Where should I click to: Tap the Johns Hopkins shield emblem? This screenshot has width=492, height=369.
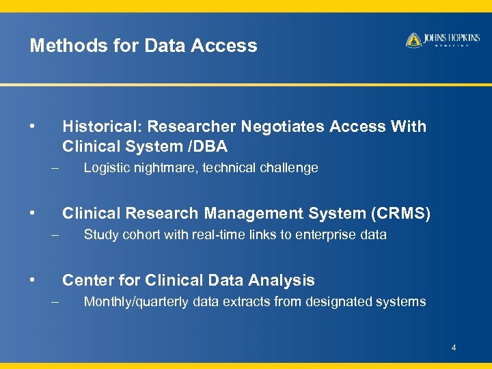(413, 40)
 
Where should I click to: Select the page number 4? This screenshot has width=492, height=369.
(453, 349)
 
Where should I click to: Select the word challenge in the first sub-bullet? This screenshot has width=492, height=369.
(290, 167)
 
